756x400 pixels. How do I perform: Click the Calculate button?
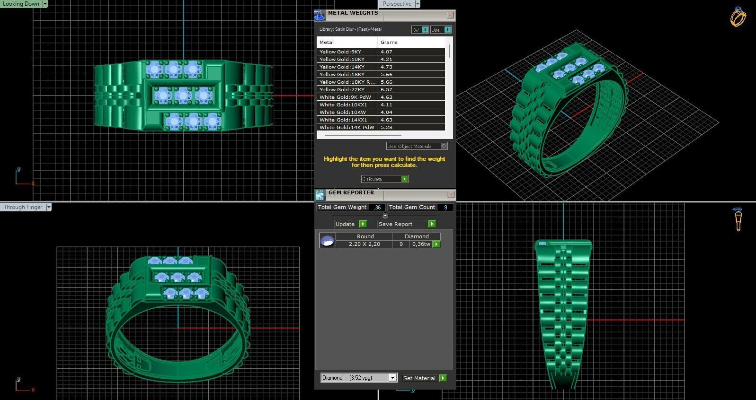click(x=384, y=179)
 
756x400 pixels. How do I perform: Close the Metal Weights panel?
click(x=450, y=15)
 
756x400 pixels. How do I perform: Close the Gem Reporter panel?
click(x=450, y=194)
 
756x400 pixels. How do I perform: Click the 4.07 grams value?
click(x=386, y=52)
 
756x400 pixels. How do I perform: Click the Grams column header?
click(x=389, y=42)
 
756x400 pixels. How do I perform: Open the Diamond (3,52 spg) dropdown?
click(x=392, y=378)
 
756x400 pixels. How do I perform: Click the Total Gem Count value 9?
click(x=445, y=207)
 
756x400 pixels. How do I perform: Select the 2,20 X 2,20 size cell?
click(x=364, y=244)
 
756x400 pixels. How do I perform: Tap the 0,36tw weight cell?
click(x=421, y=244)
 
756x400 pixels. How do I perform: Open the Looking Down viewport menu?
click(x=45, y=4)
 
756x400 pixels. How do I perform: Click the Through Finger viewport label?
click(x=23, y=207)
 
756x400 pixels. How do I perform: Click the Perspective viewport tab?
click(x=397, y=4)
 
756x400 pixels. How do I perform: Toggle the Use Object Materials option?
click(x=444, y=146)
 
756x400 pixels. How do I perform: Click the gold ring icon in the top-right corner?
click(x=738, y=17)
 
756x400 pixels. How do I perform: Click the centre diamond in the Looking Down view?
click(x=183, y=96)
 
